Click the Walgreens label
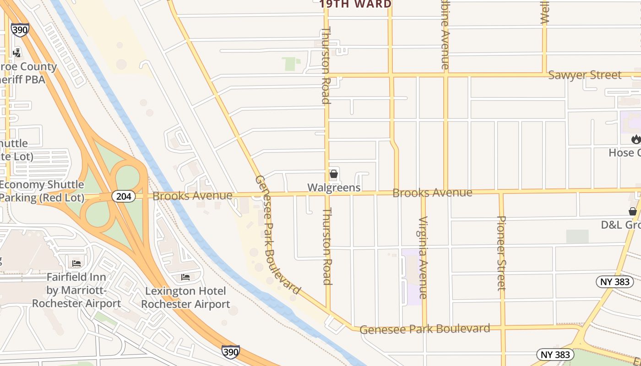[x=334, y=188]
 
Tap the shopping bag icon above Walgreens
[x=334, y=174]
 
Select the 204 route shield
[x=124, y=196]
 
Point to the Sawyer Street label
[x=585, y=75]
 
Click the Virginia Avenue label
[x=423, y=257]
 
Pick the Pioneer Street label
[x=502, y=253]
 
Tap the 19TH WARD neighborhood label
[x=355, y=4]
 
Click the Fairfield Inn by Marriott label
[x=76, y=290]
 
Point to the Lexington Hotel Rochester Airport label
[x=185, y=297]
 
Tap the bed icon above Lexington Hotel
[x=185, y=277]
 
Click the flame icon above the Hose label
[x=636, y=139]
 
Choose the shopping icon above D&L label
[x=632, y=211]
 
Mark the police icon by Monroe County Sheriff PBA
[x=17, y=53]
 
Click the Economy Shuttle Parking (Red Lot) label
[x=42, y=191]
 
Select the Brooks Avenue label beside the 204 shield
[x=192, y=196]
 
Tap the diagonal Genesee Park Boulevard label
[x=278, y=234]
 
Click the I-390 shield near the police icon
[x=20, y=30]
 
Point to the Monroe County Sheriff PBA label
[x=28, y=73]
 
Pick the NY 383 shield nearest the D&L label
[x=615, y=281]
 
